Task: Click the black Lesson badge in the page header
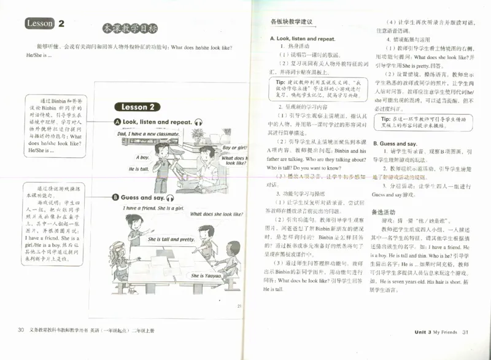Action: tap(41, 24)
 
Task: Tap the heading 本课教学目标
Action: tap(131, 28)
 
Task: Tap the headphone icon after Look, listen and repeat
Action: tap(198, 122)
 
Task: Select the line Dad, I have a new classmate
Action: tap(148, 133)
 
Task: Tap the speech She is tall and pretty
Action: tap(171, 239)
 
